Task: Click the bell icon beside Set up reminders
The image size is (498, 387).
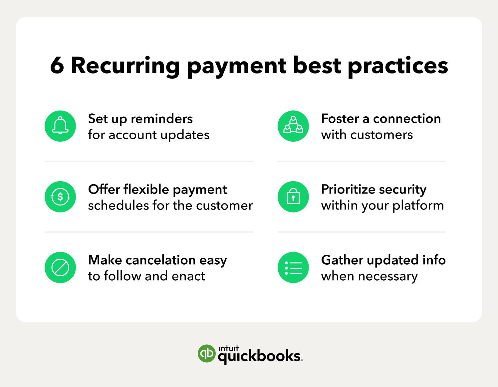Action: (x=60, y=126)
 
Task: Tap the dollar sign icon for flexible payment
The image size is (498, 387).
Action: (x=60, y=196)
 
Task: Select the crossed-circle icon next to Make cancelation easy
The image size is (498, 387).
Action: (x=60, y=267)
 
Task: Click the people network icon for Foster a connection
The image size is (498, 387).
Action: (x=293, y=126)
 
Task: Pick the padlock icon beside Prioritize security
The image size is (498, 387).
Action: (x=293, y=196)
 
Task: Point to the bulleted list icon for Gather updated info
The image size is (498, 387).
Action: (x=293, y=267)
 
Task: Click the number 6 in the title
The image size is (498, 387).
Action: (x=57, y=66)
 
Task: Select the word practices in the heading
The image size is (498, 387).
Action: (x=397, y=67)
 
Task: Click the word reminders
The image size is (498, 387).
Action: (x=161, y=119)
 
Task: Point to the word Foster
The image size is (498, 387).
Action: (x=340, y=119)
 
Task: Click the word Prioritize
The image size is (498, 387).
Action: (x=348, y=190)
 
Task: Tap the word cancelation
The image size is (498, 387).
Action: (x=160, y=260)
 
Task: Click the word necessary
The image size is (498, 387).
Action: (x=388, y=277)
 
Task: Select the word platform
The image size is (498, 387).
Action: (x=418, y=205)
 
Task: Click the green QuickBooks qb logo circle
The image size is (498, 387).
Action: (x=206, y=353)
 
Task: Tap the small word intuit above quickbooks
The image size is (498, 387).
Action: (x=228, y=348)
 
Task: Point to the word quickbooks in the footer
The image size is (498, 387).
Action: (x=259, y=356)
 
